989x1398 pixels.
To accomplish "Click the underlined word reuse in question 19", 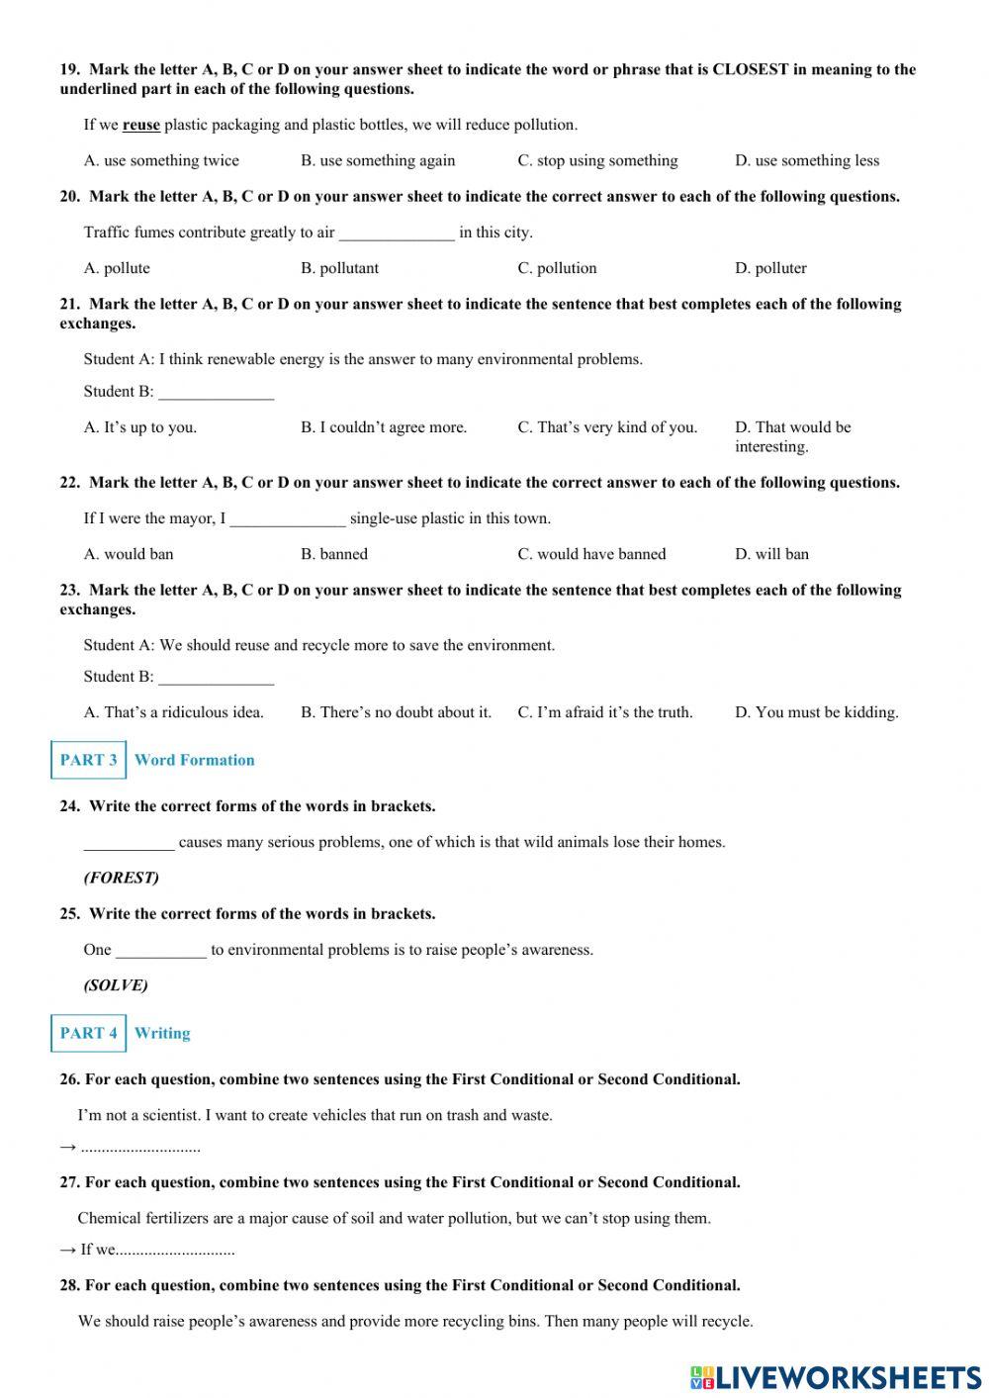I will (140, 125).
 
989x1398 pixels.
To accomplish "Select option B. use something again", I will (378, 160).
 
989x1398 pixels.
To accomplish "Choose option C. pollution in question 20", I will (557, 268).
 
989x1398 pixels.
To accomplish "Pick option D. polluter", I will (770, 268).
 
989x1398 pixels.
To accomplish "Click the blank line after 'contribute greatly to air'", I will (397, 233).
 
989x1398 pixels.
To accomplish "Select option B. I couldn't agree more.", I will (384, 427).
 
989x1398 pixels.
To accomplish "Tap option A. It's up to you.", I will (140, 427).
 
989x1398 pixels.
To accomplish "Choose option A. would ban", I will (129, 554).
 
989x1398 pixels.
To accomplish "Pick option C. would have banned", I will (591, 554).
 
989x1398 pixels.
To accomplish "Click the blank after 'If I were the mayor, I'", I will (288, 519).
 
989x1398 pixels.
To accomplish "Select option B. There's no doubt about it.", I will (396, 712).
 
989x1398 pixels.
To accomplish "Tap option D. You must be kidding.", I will (816, 712).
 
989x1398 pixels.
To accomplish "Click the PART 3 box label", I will (88, 760).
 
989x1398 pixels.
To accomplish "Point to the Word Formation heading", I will (195, 760).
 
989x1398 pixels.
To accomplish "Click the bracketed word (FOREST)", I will (122, 878).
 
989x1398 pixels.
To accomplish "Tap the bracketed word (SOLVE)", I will (116, 985).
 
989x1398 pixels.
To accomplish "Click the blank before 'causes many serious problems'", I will (129, 844).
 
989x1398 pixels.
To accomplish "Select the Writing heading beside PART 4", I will (162, 1033).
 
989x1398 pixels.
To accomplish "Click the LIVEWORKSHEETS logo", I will (836, 1376).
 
